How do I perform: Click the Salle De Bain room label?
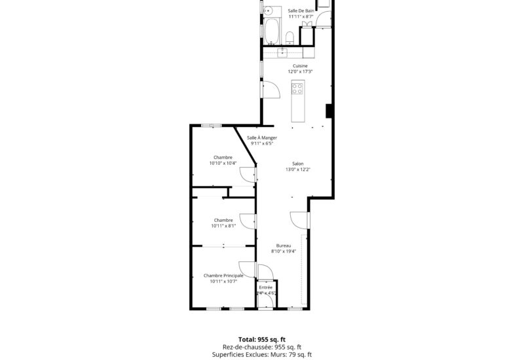point(301,10)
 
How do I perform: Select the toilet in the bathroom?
point(290,35)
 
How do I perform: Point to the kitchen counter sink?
point(285,51)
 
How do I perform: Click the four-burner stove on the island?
point(298,88)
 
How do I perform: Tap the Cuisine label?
point(299,65)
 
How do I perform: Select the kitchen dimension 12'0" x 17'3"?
point(299,71)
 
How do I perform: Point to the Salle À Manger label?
point(262,137)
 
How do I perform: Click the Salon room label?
point(297,164)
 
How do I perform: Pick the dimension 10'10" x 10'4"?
point(223,163)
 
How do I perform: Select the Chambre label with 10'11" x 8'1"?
point(223,220)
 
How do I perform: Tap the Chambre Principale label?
point(223,276)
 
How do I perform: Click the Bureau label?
point(284,245)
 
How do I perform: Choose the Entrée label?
point(266,287)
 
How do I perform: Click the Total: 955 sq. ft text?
point(261,340)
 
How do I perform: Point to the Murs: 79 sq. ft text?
point(292,354)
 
